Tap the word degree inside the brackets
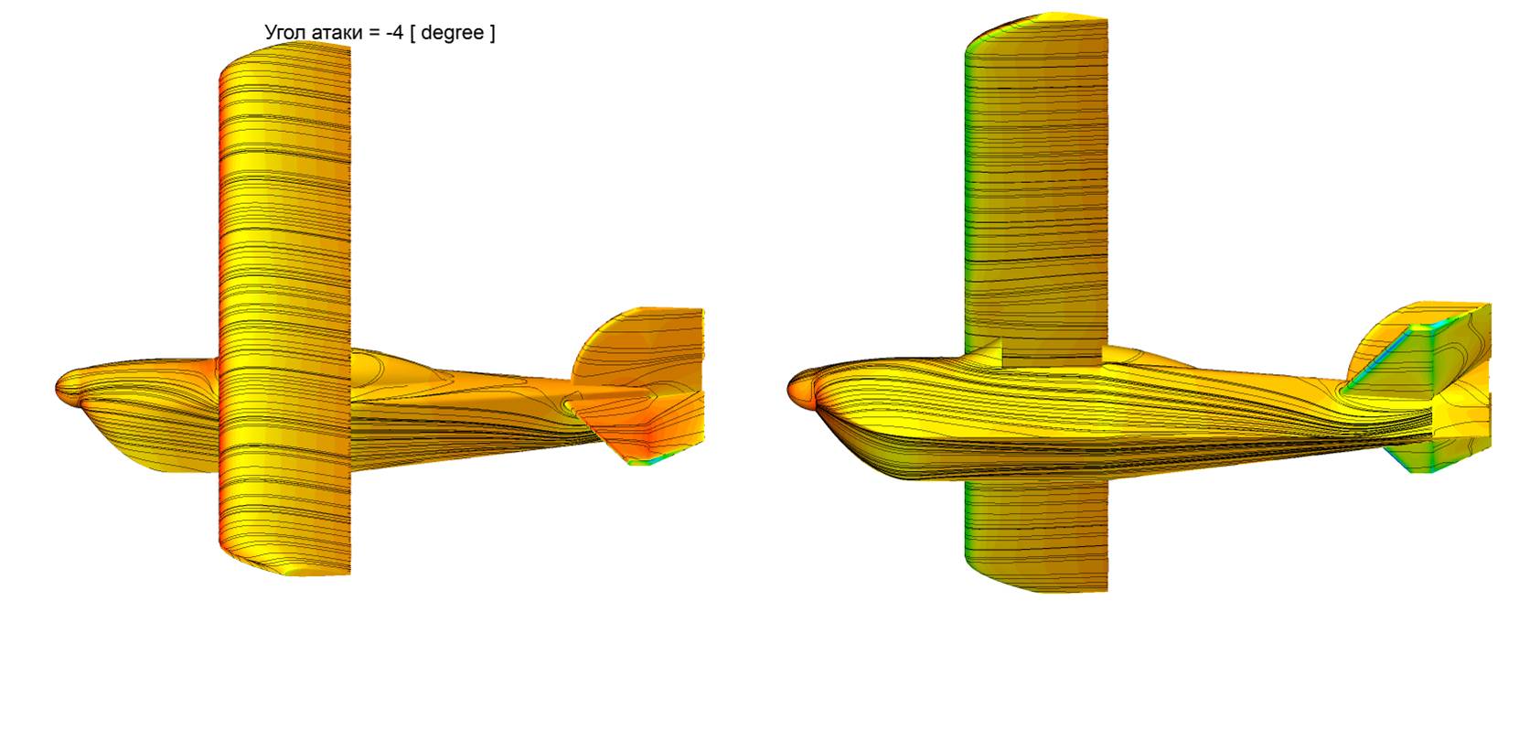click(x=453, y=33)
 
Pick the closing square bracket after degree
click(x=492, y=33)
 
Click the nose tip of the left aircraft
click(x=57, y=387)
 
